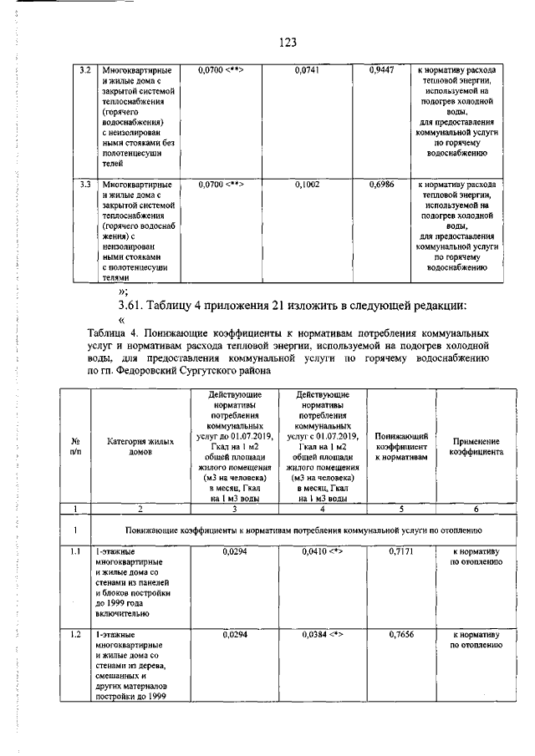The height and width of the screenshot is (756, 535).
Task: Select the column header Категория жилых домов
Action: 140,446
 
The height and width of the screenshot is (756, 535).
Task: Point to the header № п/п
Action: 75,446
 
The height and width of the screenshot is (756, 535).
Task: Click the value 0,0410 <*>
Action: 324,552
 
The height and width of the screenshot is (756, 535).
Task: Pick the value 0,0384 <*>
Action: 324,634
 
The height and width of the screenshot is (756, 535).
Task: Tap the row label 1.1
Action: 75,552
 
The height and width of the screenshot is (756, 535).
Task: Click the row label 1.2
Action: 75,634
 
